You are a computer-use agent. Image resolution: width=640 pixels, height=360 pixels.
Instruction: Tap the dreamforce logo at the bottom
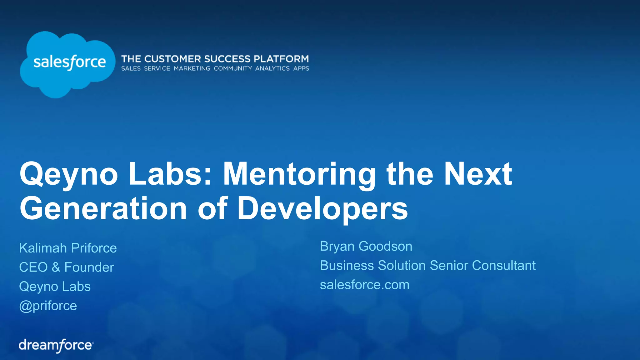[56, 345]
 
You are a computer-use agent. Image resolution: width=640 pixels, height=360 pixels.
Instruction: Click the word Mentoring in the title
[299, 174]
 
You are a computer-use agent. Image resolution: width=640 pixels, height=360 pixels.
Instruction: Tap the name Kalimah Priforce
[68, 248]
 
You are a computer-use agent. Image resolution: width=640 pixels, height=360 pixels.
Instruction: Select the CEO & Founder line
[66, 267]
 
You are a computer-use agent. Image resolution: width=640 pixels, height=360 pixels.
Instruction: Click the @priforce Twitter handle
[48, 306]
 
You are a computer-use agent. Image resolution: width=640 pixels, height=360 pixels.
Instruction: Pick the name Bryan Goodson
[366, 246]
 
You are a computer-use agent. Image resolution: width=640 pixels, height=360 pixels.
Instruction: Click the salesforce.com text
[364, 285]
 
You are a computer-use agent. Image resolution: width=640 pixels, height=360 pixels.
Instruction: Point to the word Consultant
[504, 266]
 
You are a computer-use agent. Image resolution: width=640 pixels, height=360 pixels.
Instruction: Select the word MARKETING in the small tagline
[192, 68]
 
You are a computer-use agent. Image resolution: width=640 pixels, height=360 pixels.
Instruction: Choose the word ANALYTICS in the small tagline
[272, 68]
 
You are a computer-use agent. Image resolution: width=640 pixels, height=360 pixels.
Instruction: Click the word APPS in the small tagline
[301, 68]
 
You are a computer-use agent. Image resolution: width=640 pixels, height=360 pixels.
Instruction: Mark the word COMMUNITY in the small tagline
[233, 68]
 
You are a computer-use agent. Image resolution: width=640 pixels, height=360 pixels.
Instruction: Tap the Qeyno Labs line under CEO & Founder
[55, 287]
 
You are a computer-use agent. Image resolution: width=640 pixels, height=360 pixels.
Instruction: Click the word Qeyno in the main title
[69, 174]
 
